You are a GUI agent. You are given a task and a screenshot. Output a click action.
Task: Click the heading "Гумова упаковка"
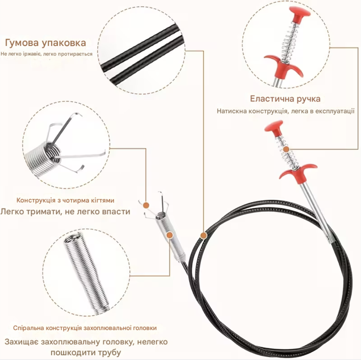[46, 43]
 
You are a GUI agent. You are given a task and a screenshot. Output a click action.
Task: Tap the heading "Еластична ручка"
[285, 99]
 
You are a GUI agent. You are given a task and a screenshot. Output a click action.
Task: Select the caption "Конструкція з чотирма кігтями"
[65, 200]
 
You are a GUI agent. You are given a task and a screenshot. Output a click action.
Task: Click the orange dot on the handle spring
[286, 149]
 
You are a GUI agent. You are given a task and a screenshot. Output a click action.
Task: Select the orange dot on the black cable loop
[203, 235]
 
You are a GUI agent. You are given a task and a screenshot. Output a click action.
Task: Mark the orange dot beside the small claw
[146, 205]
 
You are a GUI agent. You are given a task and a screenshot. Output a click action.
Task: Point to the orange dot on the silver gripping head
[170, 235]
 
